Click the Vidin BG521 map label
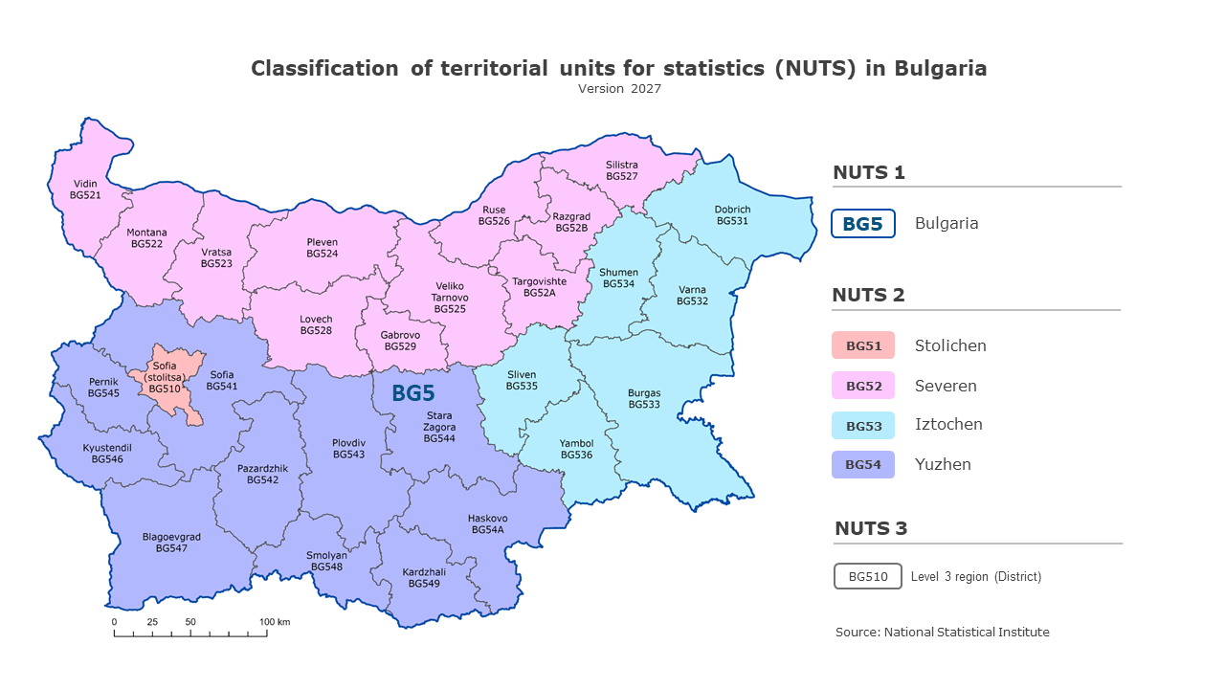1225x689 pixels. [84, 189]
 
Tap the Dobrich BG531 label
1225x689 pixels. [732, 215]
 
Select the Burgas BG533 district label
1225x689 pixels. [644, 399]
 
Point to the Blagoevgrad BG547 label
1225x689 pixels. [171, 543]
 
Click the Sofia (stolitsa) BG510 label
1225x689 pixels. [165, 377]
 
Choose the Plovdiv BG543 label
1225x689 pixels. [348, 449]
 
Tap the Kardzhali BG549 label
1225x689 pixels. [423, 578]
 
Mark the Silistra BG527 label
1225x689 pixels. [622, 170]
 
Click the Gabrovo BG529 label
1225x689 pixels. [400, 341]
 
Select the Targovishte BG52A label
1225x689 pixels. [539, 287]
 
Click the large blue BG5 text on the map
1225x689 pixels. [413, 393]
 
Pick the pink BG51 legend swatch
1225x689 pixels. [862, 345]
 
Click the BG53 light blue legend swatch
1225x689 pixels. [862, 426]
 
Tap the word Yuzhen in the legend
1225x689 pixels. [943, 465]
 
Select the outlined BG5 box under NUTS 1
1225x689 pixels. [862, 224]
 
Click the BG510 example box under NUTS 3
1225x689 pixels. [868, 576]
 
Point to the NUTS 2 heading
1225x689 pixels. [868, 295]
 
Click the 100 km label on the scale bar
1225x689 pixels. [275, 622]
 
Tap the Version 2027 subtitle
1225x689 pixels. [619, 89]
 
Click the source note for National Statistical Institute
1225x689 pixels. [942, 633]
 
